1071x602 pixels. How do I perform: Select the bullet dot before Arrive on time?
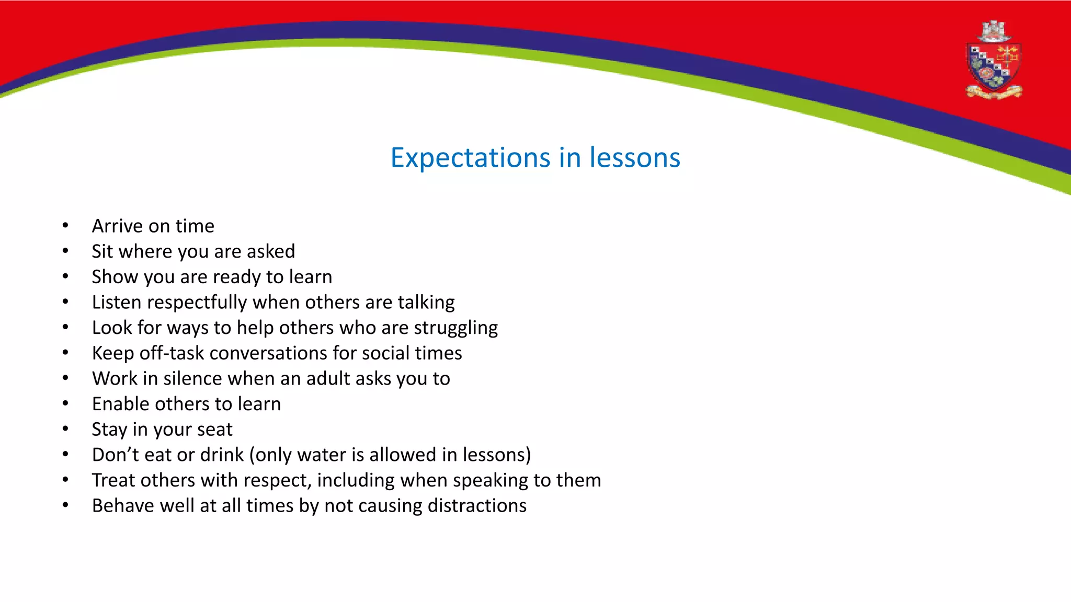click(65, 226)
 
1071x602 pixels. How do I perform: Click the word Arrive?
click(117, 226)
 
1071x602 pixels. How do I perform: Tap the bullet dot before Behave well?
click(65, 505)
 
